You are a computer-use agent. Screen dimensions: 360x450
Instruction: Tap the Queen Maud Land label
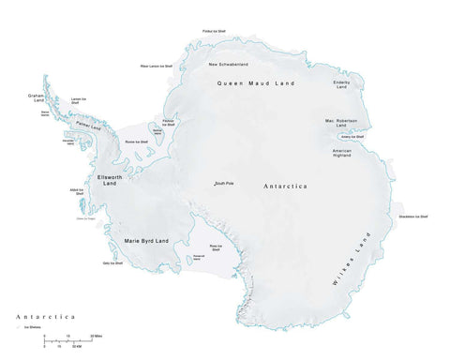pyautogui.click(x=255, y=84)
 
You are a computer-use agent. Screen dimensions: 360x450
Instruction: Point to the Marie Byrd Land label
pyautogui.click(x=151, y=241)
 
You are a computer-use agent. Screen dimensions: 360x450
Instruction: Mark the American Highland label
pyautogui.click(x=341, y=154)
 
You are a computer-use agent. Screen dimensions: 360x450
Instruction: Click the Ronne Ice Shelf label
pyautogui.click(x=138, y=142)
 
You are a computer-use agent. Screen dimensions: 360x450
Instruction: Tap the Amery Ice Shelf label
pyautogui.click(x=362, y=137)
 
